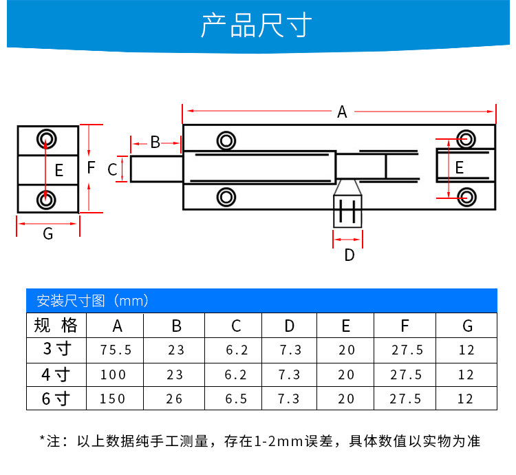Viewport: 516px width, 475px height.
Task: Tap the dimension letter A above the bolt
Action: pyautogui.click(x=342, y=112)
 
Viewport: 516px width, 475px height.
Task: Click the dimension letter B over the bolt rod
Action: pyautogui.click(x=155, y=142)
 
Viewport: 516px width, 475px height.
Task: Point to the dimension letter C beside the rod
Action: pyautogui.click(x=113, y=169)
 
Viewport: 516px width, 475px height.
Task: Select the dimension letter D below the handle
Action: pyautogui.click(x=349, y=255)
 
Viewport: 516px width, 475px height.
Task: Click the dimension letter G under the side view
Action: pyautogui.click(x=47, y=234)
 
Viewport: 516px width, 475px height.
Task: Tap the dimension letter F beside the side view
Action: pyautogui.click(x=91, y=167)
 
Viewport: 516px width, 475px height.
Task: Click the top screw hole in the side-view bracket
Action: pyautogui.click(x=46, y=137)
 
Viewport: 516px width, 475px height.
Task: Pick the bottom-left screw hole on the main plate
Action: pyautogui.click(x=225, y=197)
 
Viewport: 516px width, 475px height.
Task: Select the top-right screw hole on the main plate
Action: pyautogui.click(x=466, y=138)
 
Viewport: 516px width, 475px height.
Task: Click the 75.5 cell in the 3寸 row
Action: pyautogui.click(x=116, y=350)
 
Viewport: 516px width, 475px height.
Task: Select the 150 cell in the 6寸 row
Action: pyautogui.click(x=114, y=399)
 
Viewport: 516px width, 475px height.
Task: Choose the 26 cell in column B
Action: pyautogui.click(x=176, y=399)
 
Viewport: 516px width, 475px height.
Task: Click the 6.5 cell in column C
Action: pyautogui.click(x=237, y=399)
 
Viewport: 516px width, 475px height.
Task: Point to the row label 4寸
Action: pyautogui.click(x=56, y=374)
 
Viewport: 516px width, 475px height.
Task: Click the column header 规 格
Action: pyautogui.click(x=56, y=326)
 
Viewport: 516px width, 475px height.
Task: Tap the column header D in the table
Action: pyautogui.click(x=290, y=326)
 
